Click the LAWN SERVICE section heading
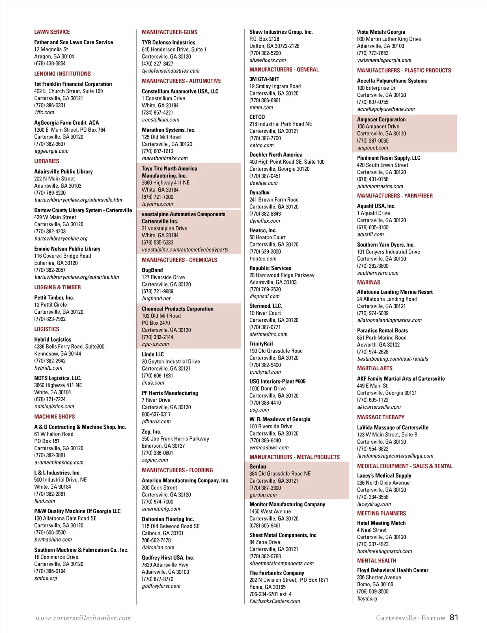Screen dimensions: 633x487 [x=52, y=32]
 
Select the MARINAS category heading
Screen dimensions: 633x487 [x=368, y=282]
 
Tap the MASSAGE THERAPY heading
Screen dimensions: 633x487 [x=380, y=417]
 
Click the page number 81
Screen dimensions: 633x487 [x=454, y=617]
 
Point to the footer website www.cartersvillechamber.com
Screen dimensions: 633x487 [x=83, y=618]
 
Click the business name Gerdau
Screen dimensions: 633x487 [x=258, y=466]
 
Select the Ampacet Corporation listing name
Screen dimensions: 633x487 [x=381, y=119]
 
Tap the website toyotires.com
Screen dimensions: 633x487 [x=157, y=204]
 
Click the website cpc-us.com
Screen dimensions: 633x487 [x=155, y=344]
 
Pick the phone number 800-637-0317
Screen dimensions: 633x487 [x=156, y=414]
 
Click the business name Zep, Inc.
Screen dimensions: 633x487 [x=151, y=431]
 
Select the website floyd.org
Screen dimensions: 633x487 [x=367, y=598]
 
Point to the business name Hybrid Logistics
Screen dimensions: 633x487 [x=52, y=339]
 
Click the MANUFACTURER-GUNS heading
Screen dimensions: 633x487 [x=169, y=32]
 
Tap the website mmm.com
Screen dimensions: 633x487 [x=261, y=108]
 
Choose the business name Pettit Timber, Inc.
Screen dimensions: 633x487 [x=54, y=297]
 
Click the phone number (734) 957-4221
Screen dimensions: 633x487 [x=157, y=113]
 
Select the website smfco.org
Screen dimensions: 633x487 [x=45, y=578]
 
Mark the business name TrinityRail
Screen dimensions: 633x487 [x=261, y=344]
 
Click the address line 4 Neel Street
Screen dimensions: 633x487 [x=371, y=530]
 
